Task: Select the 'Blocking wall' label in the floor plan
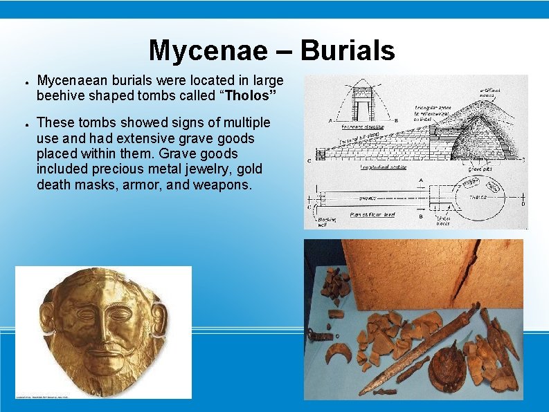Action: point(327,221)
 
